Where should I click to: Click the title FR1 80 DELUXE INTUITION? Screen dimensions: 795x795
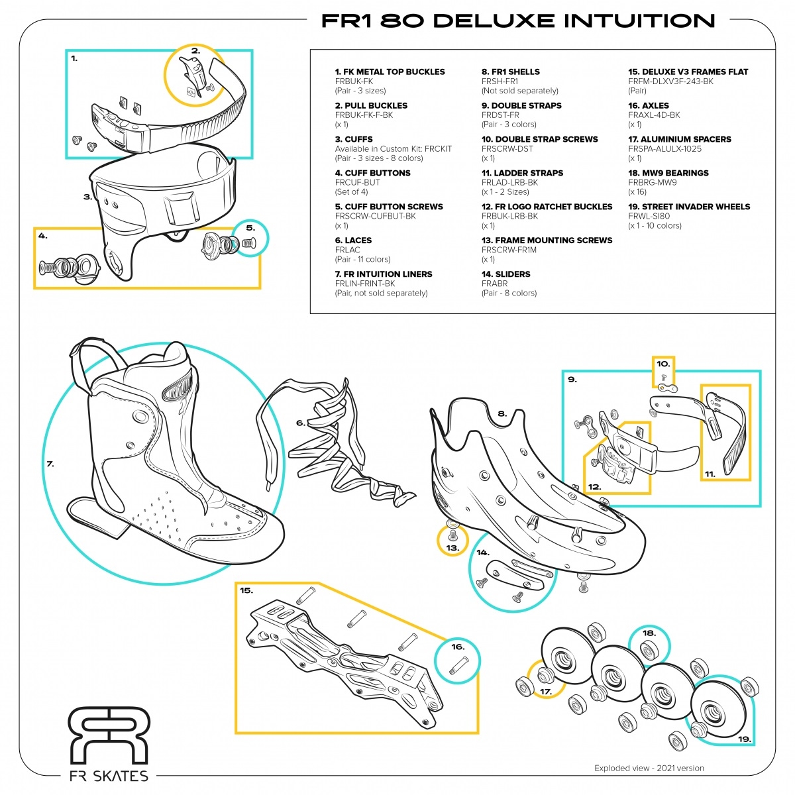(x=518, y=21)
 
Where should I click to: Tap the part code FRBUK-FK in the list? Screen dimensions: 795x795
(x=354, y=81)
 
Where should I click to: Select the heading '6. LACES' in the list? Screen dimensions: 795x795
(x=353, y=240)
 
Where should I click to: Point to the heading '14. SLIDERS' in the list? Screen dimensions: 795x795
(x=505, y=274)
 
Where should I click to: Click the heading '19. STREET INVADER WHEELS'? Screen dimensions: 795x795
(x=689, y=207)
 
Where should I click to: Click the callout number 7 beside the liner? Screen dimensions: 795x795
(x=50, y=464)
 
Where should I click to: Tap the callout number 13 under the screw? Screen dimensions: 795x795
(x=452, y=548)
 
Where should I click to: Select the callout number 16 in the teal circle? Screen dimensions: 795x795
(x=458, y=647)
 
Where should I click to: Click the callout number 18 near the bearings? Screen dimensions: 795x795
(x=649, y=633)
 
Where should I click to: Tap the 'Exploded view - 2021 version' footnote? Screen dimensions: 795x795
(x=649, y=768)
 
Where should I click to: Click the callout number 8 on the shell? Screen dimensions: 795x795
(x=502, y=414)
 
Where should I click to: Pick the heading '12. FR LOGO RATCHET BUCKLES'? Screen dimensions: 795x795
(x=547, y=207)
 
